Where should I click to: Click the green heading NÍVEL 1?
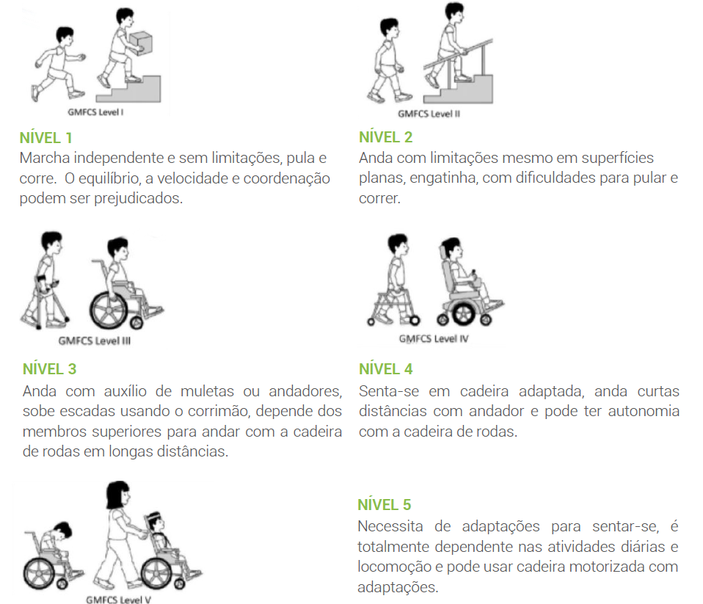click(x=47, y=137)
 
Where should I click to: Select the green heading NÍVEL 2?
click(x=385, y=137)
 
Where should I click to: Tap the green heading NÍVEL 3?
click(x=49, y=368)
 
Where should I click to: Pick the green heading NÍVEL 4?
click(x=386, y=369)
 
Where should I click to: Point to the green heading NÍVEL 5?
click(x=385, y=505)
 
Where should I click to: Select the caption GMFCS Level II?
click(x=429, y=114)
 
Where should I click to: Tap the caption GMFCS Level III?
click(x=95, y=341)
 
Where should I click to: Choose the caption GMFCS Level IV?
click(x=433, y=338)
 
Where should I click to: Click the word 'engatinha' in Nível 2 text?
click(x=427, y=178)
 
